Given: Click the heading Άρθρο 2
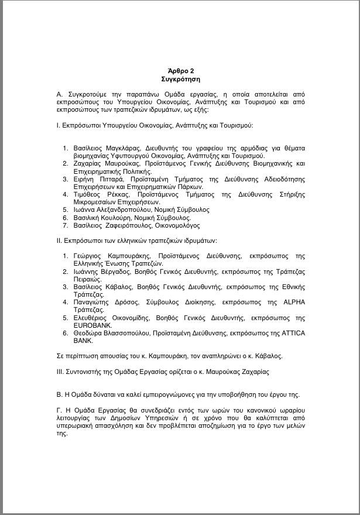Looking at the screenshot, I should tap(180, 70).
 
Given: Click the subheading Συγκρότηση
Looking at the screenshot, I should tap(180, 77).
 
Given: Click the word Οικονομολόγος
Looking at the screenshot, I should tap(176, 225).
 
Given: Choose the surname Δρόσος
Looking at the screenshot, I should tap(128, 302).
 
